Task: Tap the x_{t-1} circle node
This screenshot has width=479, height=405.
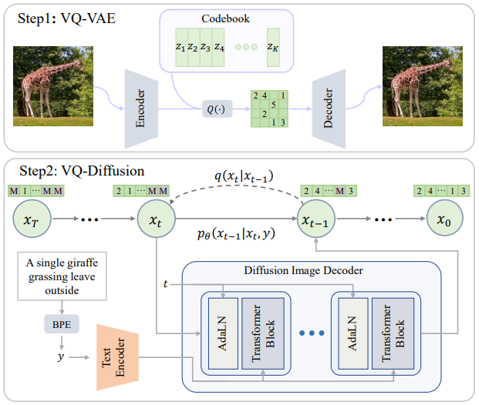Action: point(319,219)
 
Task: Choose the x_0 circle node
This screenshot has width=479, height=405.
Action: point(444,219)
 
